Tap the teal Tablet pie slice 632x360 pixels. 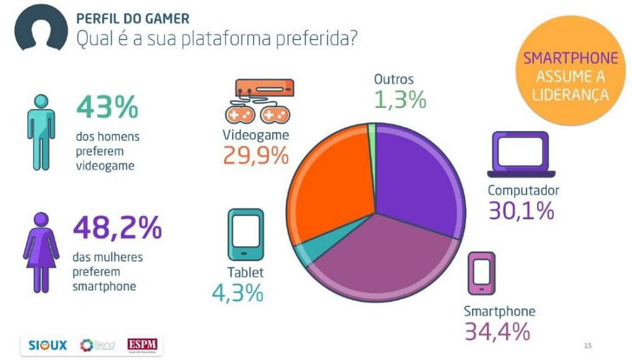click(x=304, y=250)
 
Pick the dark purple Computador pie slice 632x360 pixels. click(x=417, y=179)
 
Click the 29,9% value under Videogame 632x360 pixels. click(x=256, y=156)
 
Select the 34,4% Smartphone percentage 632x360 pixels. click(x=497, y=332)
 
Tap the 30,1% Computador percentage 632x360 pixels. click(x=522, y=211)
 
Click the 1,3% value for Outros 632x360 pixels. click(x=400, y=99)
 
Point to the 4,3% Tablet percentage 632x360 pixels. click(x=238, y=293)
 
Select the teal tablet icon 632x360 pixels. click(x=246, y=235)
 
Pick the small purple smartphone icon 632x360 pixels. click(x=481, y=274)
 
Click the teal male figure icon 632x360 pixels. click(x=41, y=133)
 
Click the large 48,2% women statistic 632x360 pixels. click(x=117, y=228)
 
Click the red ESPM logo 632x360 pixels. click(x=142, y=345)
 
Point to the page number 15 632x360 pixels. click(x=587, y=345)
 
